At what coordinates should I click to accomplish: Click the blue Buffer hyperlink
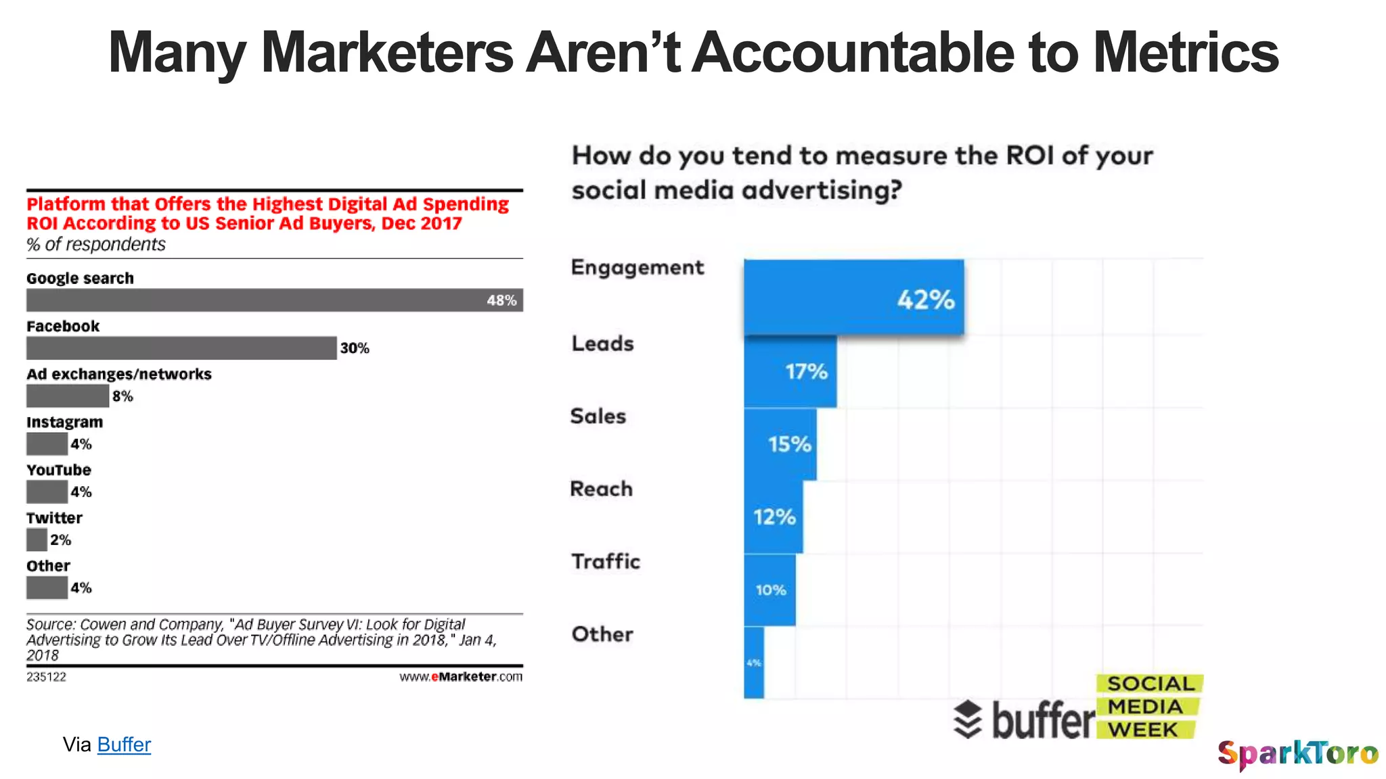point(124,745)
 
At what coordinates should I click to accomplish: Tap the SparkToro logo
point(1297,753)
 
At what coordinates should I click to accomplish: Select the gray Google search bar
point(274,300)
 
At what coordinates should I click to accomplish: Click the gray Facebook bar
point(181,348)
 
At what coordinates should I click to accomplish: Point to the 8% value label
point(122,396)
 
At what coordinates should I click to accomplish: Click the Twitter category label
point(54,518)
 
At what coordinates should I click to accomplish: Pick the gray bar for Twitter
point(37,540)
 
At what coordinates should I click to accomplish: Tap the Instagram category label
point(65,422)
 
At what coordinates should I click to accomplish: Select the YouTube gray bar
point(47,492)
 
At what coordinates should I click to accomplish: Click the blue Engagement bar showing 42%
point(853,298)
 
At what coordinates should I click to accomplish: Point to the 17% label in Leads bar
point(806,371)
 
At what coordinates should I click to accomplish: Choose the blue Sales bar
point(780,444)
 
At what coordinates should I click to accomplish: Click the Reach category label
point(601,488)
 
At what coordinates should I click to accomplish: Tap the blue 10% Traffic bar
point(769,590)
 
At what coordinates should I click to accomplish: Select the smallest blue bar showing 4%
point(754,663)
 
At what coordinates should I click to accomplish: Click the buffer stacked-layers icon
point(968,719)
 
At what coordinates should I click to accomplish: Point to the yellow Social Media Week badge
point(1148,707)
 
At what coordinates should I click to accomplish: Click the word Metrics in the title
point(1186,53)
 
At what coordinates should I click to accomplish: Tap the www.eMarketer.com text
point(460,676)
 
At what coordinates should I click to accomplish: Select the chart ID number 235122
point(46,676)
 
